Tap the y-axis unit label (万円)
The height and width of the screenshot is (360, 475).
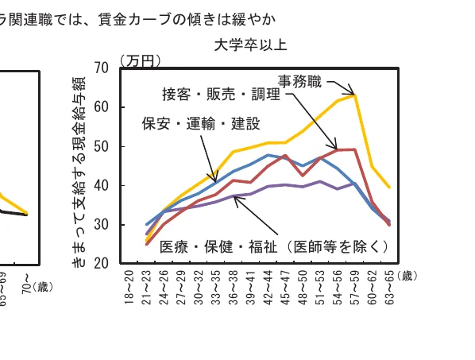coord(141,60)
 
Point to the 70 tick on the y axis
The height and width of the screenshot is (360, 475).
coord(102,68)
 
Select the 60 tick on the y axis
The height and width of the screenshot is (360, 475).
coord(102,107)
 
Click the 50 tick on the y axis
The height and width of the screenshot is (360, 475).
coord(102,146)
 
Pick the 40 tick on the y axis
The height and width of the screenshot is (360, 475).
coord(102,186)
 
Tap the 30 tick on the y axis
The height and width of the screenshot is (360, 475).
coord(102,225)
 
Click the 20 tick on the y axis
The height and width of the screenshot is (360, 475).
coord(102,264)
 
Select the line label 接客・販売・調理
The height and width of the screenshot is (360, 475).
coord(221,95)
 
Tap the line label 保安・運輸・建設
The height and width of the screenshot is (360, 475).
coord(200,123)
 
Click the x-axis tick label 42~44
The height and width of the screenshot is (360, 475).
coord(268,291)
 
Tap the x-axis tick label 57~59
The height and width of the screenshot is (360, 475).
coord(353,291)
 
